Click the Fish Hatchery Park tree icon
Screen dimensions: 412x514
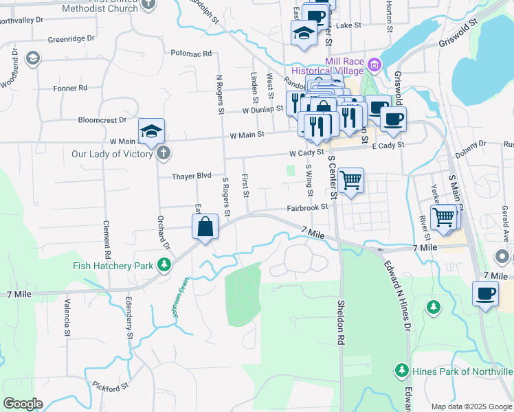[x=164, y=264]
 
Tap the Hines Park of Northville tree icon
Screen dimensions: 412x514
[x=402, y=371]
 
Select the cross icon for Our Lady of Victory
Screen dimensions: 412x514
[x=162, y=153]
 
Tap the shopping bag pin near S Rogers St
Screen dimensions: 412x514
[x=205, y=227]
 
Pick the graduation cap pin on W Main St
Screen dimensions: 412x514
[x=152, y=130]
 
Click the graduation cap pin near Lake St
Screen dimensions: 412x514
[x=304, y=32]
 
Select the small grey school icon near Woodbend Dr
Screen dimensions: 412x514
[x=32, y=58]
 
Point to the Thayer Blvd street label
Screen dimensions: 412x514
[x=194, y=176]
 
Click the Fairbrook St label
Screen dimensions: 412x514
[x=306, y=207]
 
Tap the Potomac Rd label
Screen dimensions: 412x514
[x=190, y=53]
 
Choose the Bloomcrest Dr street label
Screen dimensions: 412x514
[x=103, y=119]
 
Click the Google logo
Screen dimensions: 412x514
[x=22, y=404]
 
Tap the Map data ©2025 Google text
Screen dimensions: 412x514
[x=471, y=407]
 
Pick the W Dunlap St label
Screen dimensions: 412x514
[x=262, y=110]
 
